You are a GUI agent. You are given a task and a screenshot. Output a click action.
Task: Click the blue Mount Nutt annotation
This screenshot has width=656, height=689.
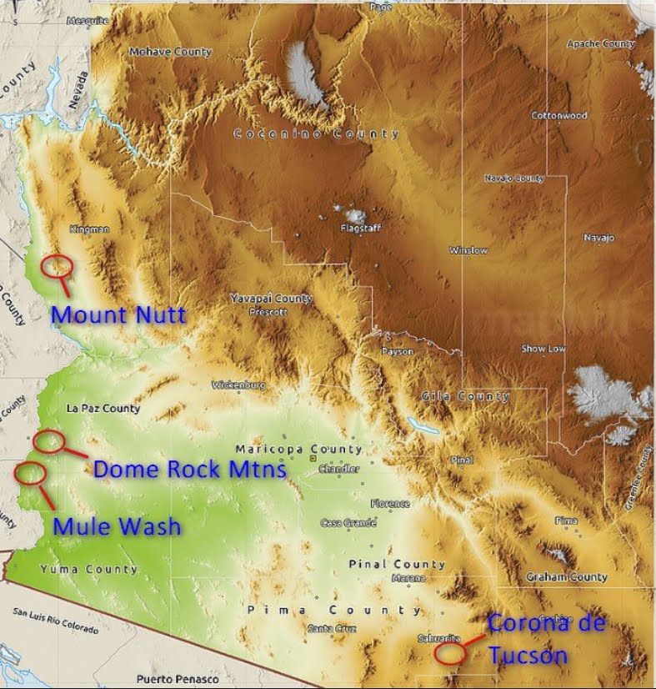click(118, 315)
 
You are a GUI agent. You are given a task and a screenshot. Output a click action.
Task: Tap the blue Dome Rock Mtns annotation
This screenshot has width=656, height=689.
click(189, 469)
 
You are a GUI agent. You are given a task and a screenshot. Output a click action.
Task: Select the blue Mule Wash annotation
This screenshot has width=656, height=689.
click(117, 526)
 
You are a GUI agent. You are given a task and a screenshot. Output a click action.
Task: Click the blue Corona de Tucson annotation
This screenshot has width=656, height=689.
click(545, 639)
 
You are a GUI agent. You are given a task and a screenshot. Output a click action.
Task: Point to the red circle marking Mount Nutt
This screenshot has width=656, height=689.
click(58, 265)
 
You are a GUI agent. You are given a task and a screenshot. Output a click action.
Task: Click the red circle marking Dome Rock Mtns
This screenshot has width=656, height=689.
click(49, 440)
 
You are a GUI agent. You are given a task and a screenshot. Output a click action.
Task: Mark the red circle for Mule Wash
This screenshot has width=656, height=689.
click(31, 472)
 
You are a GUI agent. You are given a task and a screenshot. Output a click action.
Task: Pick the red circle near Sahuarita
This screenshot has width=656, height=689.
click(450, 651)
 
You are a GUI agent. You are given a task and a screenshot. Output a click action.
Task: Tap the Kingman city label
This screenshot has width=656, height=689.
click(90, 229)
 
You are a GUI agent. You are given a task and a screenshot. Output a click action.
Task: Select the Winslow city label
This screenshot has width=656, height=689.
click(468, 250)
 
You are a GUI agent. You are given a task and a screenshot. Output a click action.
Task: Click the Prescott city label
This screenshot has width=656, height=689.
click(268, 312)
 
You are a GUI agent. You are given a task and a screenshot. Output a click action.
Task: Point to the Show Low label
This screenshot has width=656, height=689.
click(543, 349)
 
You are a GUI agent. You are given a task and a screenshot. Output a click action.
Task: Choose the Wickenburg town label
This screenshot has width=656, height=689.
click(238, 385)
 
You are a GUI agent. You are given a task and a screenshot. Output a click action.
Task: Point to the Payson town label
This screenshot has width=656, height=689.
click(397, 352)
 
